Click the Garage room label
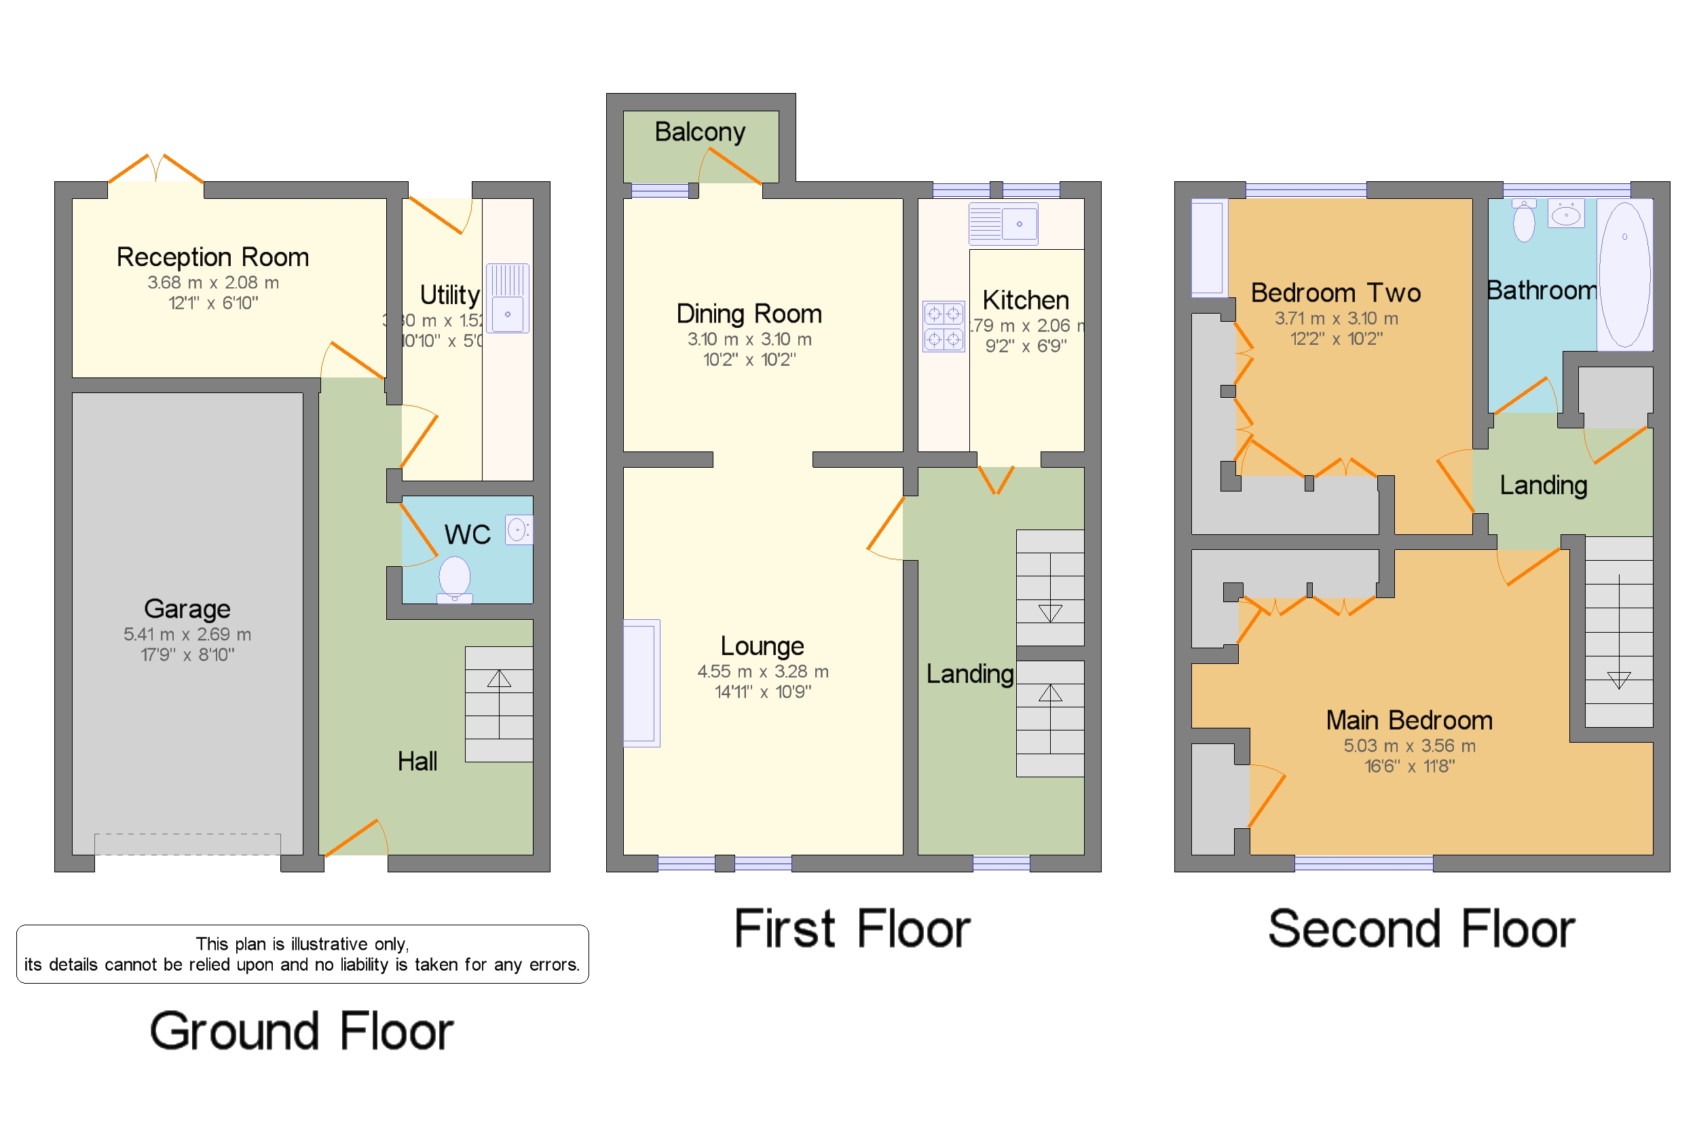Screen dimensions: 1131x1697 pyautogui.click(x=187, y=609)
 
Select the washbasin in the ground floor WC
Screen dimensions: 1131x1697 pyautogui.click(x=518, y=530)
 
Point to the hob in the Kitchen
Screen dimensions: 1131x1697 pyautogui.click(x=943, y=326)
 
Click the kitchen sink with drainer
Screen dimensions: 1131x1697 pyautogui.click(x=1003, y=223)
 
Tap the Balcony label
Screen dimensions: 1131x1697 pyautogui.click(x=700, y=132)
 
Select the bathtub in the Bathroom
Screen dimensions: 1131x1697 pyautogui.click(x=1624, y=275)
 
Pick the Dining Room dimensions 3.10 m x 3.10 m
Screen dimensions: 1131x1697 pyautogui.click(x=749, y=339)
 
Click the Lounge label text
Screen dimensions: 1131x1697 pyautogui.click(x=762, y=646)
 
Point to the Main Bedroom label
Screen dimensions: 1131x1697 pyautogui.click(x=1409, y=720)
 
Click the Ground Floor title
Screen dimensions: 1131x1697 pyautogui.click(x=301, y=1031)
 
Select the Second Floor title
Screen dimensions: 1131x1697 pyautogui.click(x=1421, y=928)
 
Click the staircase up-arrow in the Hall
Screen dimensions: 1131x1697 pyautogui.click(x=498, y=680)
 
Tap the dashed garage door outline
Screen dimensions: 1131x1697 pyautogui.click(x=187, y=844)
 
